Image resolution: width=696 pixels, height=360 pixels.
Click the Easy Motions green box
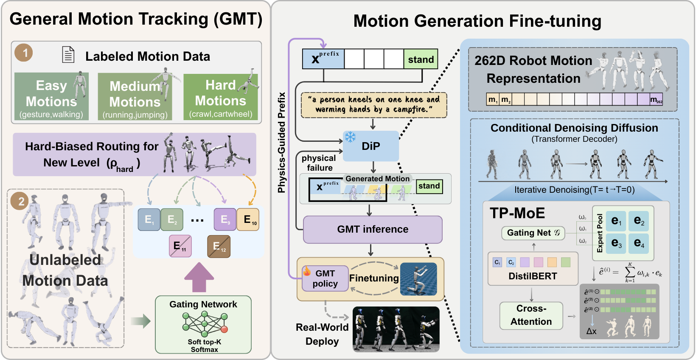tap(51, 96)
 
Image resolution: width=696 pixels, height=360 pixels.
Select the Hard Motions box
tap(220, 97)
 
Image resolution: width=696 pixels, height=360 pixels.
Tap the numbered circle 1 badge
tap(24, 53)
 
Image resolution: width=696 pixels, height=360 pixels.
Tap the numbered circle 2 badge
tap(20, 201)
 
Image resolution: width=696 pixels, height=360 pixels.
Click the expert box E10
tap(248, 219)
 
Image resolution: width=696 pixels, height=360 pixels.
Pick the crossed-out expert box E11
tap(180, 246)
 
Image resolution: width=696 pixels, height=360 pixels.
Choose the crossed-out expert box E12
tap(219, 246)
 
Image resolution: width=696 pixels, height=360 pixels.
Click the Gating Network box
tap(203, 325)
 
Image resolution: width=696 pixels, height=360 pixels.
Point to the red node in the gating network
tap(225, 329)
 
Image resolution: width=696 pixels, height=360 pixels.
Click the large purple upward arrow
tap(199, 277)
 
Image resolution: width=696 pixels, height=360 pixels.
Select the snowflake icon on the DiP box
tap(350, 137)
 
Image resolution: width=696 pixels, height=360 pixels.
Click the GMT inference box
tap(373, 229)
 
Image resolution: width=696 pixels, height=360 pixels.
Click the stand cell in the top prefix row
tap(421, 59)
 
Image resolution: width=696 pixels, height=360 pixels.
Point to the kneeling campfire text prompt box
tap(373, 105)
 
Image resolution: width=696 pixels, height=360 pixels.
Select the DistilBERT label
tap(533, 276)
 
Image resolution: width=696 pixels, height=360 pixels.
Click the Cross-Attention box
tap(531, 315)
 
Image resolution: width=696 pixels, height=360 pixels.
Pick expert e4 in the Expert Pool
tap(639, 243)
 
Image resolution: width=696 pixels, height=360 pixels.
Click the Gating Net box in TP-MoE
tap(533, 233)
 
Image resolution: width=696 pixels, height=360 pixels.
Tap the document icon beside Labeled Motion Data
tap(68, 55)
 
